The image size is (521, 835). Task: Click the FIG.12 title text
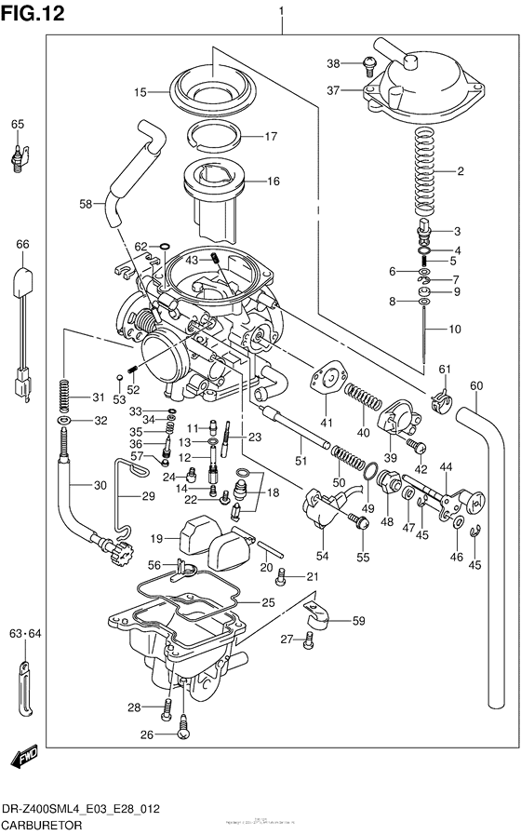[33, 16]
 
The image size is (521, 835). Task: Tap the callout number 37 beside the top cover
[334, 90]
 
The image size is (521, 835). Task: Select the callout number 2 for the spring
[458, 171]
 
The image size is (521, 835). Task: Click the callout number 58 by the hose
[85, 203]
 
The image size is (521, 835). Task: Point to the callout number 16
[273, 182]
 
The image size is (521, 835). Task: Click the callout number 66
[21, 244]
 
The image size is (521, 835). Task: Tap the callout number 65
[18, 124]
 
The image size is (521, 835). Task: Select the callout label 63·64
[20, 635]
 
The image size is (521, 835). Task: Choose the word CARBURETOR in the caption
[41, 826]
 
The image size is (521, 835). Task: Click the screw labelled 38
[368, 62]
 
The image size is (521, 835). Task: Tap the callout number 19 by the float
[157, 539]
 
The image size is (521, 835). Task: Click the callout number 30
[100, 485]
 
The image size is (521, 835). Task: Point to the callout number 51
[300, 460]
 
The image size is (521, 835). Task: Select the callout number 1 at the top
[281, 11]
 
